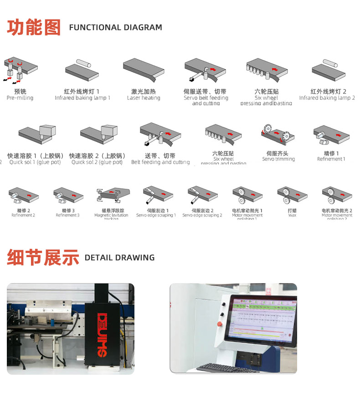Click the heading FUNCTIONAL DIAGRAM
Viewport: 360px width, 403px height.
tap(115, 27)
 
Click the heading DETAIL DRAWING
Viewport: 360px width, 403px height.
tap(119, 258)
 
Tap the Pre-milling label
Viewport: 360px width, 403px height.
tap(20, 98)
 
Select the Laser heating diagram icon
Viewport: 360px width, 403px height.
tap(143, 70)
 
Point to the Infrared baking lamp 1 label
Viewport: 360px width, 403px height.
tap(82, 98)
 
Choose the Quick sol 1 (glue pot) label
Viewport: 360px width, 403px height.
tap(35, 162)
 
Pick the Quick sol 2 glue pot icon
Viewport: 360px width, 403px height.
tap(98, 133)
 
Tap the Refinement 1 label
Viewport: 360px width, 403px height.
tap(331, 159)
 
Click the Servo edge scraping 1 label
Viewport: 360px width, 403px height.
tap(156, 215)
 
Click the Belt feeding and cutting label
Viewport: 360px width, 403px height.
tap(160, 162)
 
